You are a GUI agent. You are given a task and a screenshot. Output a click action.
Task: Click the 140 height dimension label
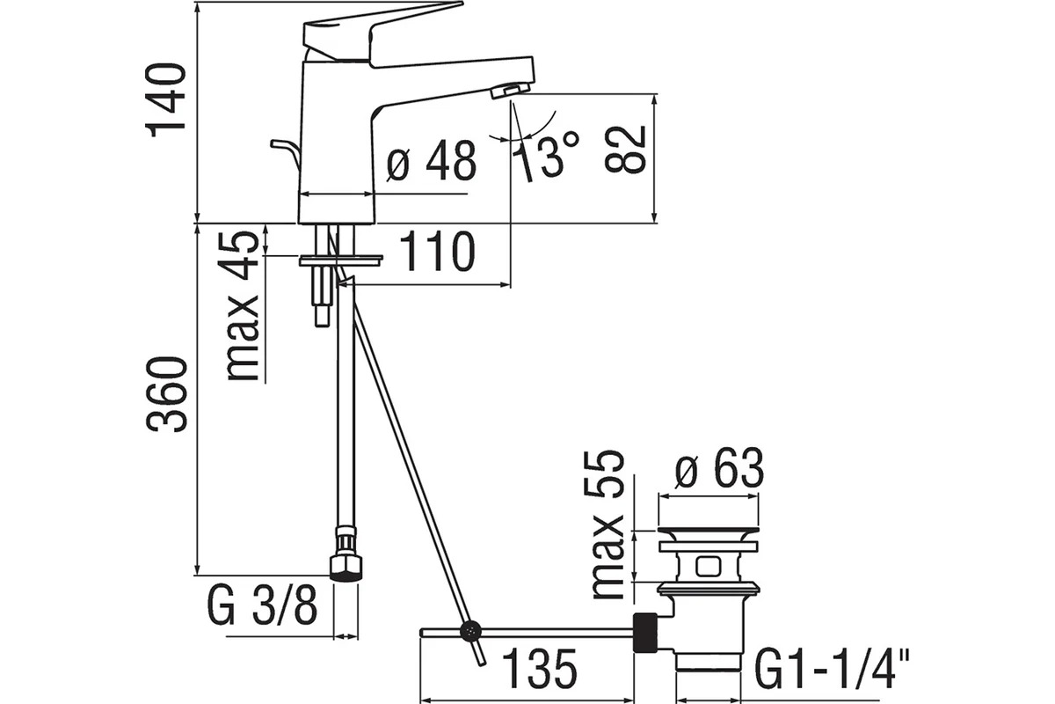point(166,100)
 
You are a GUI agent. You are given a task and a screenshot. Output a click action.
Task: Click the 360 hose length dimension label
point(166,394)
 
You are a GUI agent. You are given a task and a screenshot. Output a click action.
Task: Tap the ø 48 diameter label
point(431,160)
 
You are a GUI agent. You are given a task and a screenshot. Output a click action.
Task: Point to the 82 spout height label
point(624,150)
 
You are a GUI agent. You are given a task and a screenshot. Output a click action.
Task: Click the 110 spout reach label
point(437,252)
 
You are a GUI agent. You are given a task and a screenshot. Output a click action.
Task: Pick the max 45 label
point(243,306)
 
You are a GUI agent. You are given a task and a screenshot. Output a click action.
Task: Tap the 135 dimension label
point(540,669)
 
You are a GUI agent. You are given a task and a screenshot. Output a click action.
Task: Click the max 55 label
point(608,524)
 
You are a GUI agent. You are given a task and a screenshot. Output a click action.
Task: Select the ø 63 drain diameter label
point(719,467)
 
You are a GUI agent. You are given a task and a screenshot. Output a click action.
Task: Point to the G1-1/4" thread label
point(832,669)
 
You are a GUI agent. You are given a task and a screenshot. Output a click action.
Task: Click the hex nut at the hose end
point(346,567)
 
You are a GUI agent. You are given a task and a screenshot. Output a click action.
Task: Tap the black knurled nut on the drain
point(645,633)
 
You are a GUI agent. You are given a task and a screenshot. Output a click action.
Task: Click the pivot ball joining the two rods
point(470,631)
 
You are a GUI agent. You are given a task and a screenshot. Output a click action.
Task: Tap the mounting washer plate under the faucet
point(340,260)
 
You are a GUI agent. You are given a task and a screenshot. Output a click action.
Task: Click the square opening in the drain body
point(708,567)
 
